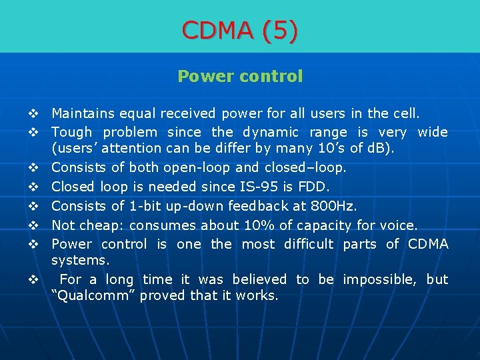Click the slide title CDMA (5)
(x=240, y=30)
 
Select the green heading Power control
(x=240, y=77)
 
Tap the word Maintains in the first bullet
(x=82, y=114)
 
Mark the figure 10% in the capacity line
(x=243, y=225)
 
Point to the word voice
(x=397, y=225)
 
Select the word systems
(x=80, y=260)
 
